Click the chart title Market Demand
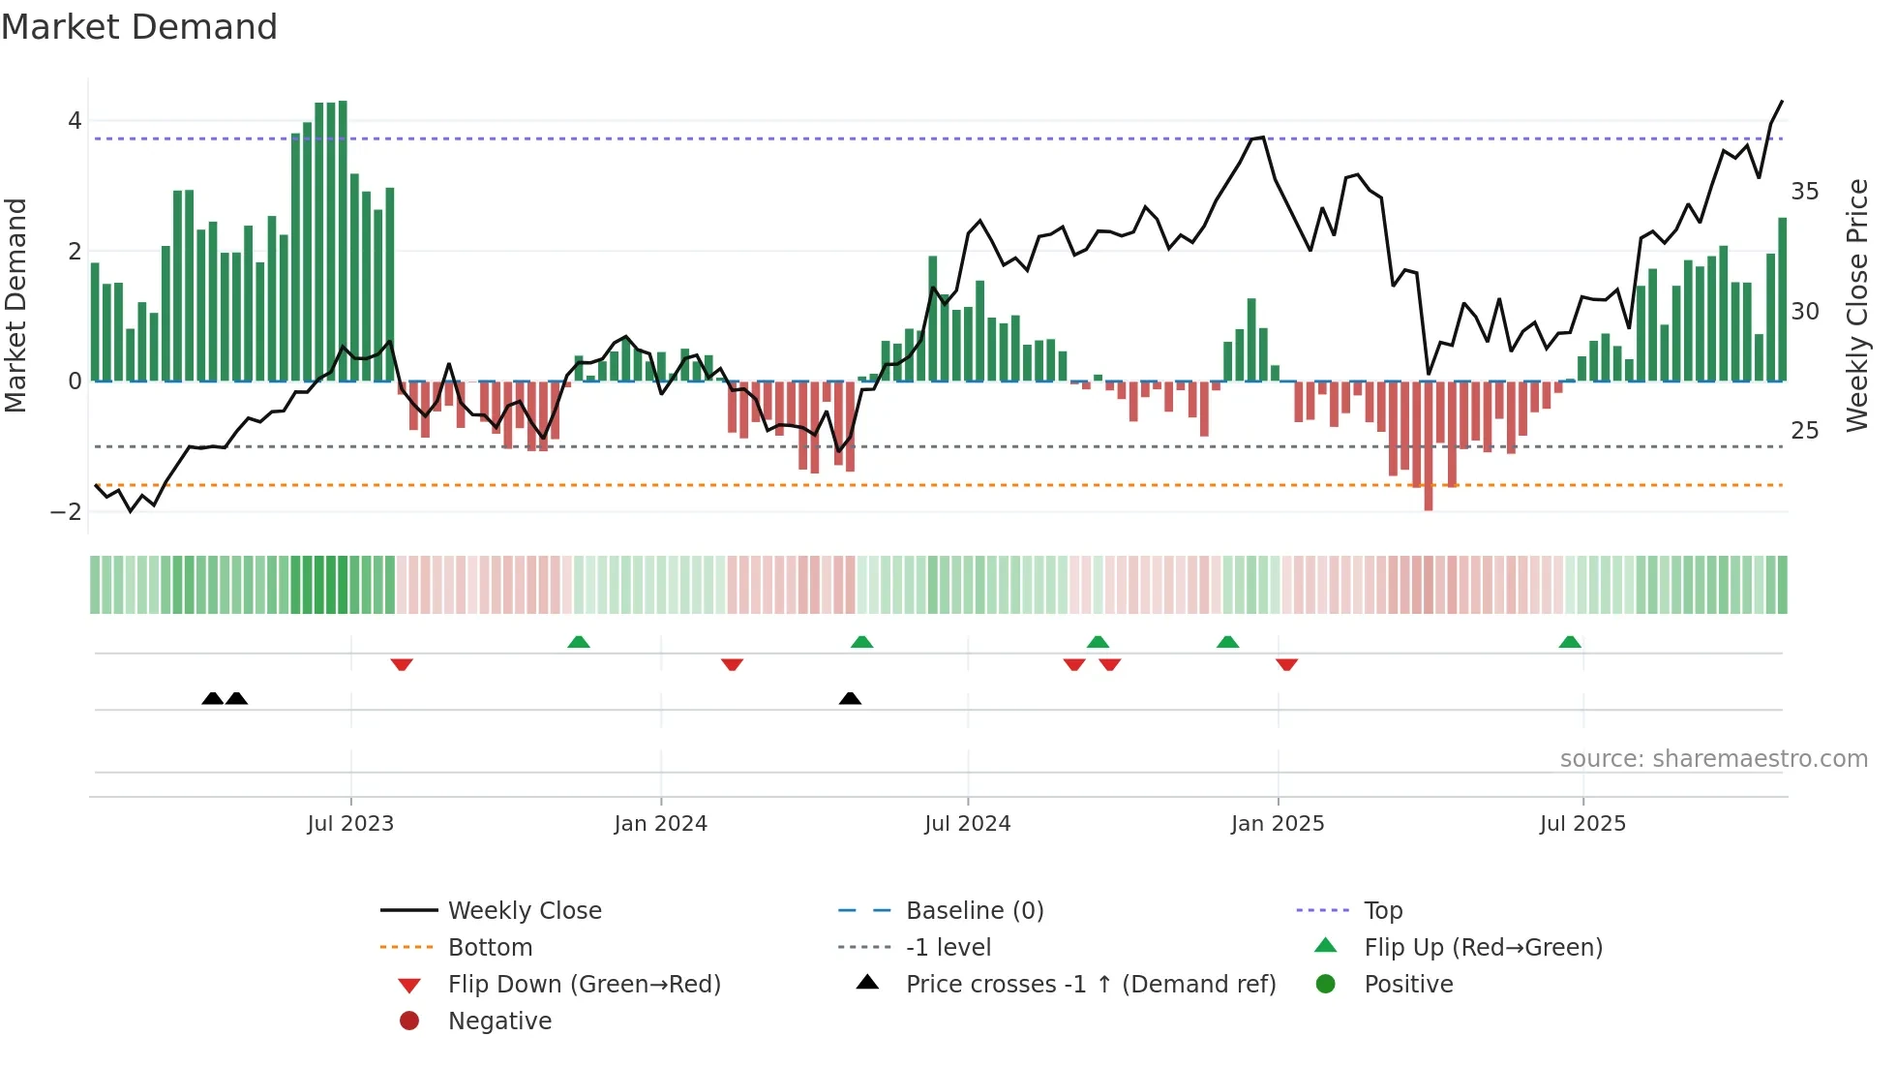click(x=139, y=27)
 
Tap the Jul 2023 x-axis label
click(x=350, y=824)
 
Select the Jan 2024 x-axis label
click(x=660, y=824)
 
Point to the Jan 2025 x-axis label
click(x=1277, y=824)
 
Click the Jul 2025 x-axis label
click(x=1582, y=824)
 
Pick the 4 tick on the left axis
click(x=75, y=121)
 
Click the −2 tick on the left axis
click(x=67, y=512)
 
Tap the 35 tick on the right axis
click(x=1804, y=192)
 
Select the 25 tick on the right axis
click(x=1804, y=431)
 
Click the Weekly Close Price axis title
click(x=1856, y=305)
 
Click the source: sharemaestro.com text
click(x=1713, y=759)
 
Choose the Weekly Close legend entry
click(x=524, y=911)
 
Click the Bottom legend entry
click(x=490, y=948)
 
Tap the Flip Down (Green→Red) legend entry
click(x=584, y=985)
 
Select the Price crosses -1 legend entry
click(x=1090, y=985)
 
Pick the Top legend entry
click(x=1382, y=911)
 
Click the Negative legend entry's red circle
click(x=409, y=1021)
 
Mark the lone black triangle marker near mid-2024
click(x=850, y=698)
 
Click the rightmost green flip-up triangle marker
click(x=1570, y=642)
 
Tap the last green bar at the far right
click(x=1782, y=300)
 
